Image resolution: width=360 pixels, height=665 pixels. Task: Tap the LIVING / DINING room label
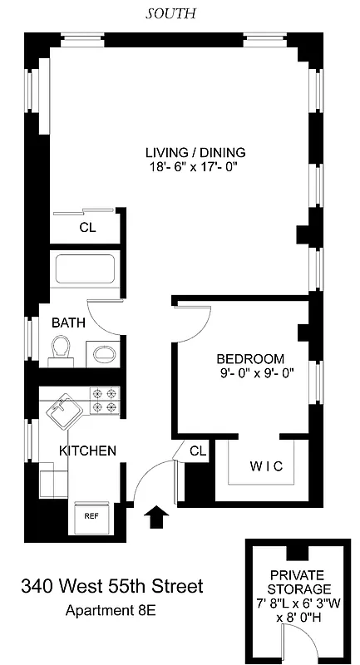(196, 152)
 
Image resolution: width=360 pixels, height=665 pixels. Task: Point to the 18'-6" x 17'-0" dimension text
(196, 166)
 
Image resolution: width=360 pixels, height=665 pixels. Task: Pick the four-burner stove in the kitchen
(106, 401)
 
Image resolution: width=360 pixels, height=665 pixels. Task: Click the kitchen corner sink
(61, 410)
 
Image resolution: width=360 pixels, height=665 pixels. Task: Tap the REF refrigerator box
(91, 515)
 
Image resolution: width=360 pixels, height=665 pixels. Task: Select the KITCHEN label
(86, 451)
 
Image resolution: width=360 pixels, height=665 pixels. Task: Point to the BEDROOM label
(250, 359)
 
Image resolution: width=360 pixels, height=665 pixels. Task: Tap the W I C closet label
(266, 466)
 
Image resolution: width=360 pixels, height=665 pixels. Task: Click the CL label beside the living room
(87, 227)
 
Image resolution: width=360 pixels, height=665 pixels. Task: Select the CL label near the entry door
(197, 451)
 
